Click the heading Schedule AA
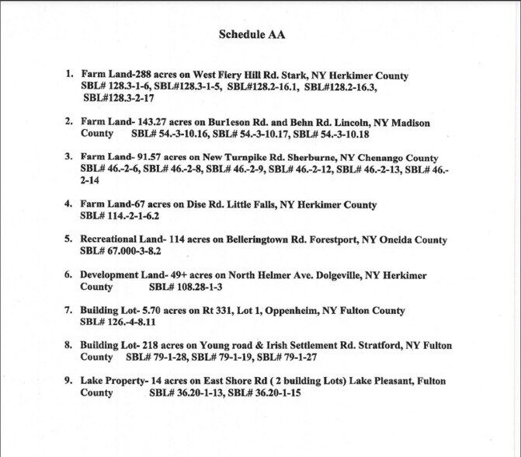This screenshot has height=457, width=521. click(x=259, y=35)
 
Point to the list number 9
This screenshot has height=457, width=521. click(x=69, y=381)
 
